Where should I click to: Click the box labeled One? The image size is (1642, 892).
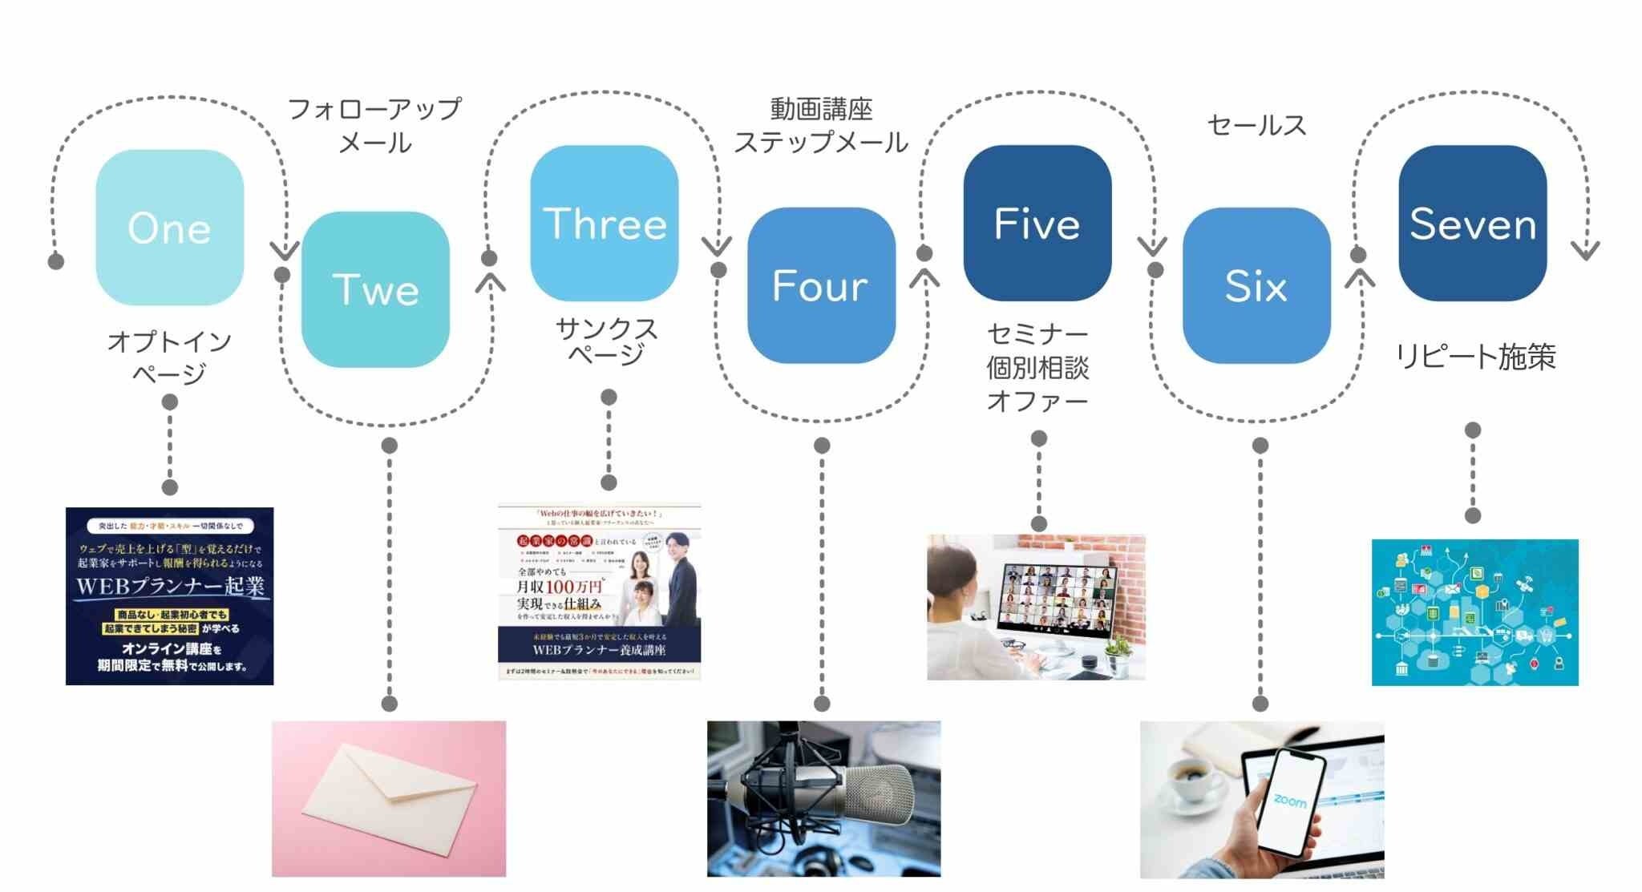click(x=169, y=228)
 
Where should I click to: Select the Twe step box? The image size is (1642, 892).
click(x=375, y=289)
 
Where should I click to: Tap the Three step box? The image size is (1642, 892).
click(x=605, y=224)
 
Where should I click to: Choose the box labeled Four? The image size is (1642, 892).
click(x=820, y=286)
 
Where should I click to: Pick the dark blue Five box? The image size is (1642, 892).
click(x=1037, y=224)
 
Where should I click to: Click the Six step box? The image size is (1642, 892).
click(x=1256, y=286)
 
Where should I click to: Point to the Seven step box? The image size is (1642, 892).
click(x=1472, y=224)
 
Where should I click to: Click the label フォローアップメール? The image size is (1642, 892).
click(x=374, y=126)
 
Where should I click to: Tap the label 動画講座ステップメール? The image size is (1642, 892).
click(x=821, y=126)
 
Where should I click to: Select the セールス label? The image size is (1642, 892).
click(x=1256, y=125)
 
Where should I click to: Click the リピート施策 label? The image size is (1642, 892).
click(x=1475, y=357)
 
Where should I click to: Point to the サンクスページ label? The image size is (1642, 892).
click(x=607, y=341)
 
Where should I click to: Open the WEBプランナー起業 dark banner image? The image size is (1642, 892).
click(x=169, y=595)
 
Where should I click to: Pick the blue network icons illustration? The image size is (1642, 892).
click(x=1474, y=612)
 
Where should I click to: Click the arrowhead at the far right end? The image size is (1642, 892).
click(x=1585, y=251)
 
